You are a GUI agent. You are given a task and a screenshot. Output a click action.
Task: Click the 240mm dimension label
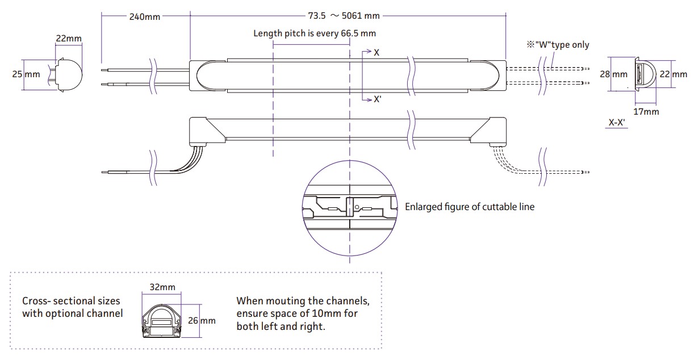point(144,16)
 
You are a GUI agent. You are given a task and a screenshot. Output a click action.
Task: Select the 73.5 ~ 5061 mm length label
point(344,15)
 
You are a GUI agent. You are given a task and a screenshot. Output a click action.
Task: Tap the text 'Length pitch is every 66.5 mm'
point(315,34)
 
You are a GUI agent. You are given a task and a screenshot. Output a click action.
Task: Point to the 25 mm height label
point(26,74)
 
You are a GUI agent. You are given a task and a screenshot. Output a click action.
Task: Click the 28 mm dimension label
point(613,74)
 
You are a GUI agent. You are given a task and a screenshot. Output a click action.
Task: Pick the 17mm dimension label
point(646,111)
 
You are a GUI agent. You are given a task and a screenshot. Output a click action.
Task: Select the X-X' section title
point(617,123)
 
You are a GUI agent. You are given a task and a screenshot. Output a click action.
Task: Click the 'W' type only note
point(558,45)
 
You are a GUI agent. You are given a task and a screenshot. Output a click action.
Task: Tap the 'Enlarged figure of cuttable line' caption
point(470,207)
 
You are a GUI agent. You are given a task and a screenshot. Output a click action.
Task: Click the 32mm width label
point(162,287)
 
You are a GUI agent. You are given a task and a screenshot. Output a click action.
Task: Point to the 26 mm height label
point(202,320)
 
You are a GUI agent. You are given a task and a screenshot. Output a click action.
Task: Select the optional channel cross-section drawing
point(162,321)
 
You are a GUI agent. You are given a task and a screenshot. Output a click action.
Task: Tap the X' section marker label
point(377,99)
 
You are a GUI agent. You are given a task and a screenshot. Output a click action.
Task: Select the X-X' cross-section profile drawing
point(645,74)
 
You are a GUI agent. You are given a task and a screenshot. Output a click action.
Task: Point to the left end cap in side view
point(207,131)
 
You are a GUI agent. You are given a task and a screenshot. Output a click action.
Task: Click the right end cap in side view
point(488,131)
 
